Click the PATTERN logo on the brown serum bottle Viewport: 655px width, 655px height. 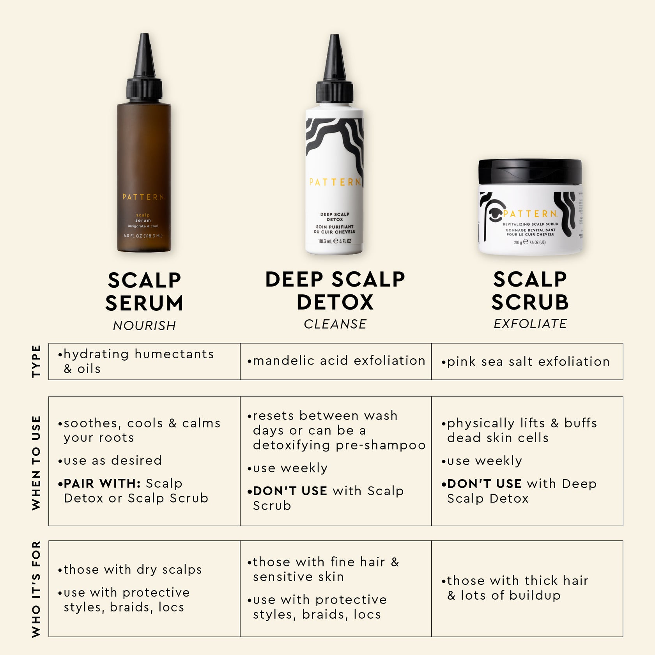pos(143,197)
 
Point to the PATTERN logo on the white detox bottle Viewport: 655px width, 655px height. pos(335,182)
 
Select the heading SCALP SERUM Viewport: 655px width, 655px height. pos(144,292)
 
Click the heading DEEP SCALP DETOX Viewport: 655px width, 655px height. pos(335,290)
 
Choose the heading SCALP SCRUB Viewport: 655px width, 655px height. pos(530,290)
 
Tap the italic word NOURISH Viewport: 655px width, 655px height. pos(144,326)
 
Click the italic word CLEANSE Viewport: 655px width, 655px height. pos(335,324)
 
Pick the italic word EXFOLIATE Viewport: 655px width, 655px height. pos(530,324)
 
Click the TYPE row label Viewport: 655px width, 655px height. pos(36,361)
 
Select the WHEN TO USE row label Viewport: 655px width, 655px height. pos(36,463)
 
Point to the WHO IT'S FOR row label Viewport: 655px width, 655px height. pos(36,589)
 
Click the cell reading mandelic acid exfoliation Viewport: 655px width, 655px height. pos(336,361)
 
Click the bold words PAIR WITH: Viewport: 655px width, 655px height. pos(102,483)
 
